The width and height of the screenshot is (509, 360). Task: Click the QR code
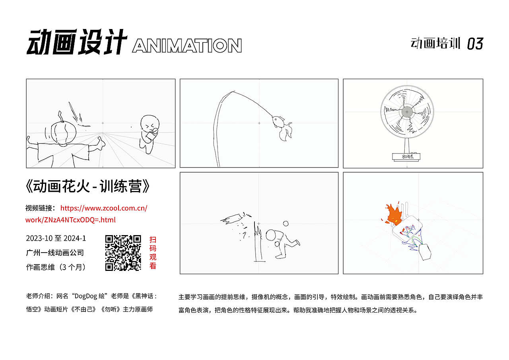pos(123,253)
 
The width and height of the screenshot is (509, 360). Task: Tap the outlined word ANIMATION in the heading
pos(187,46)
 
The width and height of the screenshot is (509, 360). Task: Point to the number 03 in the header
pos(475,44)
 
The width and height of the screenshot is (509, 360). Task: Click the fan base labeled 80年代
pos(408,157)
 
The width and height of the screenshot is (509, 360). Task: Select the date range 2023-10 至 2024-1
pos(56,239)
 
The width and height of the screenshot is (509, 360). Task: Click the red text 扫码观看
pos(153,253)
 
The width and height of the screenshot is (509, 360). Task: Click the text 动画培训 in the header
pos(435,43)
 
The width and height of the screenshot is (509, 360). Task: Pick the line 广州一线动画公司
pos(55,253)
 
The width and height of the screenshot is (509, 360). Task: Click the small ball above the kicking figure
pos(286,224)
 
